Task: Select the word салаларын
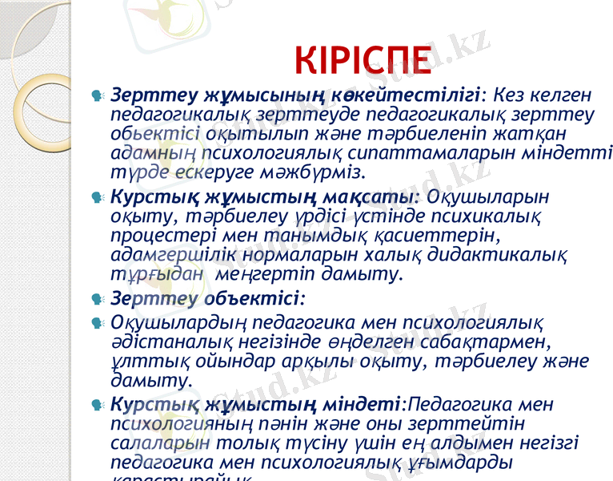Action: coord(160,442)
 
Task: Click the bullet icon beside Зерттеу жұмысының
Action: coord(97,95)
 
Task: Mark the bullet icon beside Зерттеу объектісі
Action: coord(97,301)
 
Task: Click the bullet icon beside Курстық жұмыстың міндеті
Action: coord(97,404)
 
